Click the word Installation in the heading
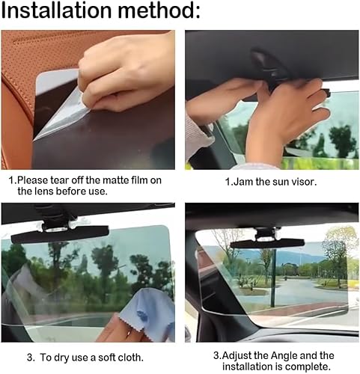pyautogui.click(x=56, y=10)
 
